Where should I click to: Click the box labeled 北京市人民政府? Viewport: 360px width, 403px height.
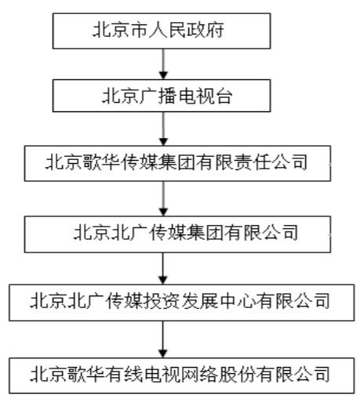162,31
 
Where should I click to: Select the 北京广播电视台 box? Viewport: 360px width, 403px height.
162,96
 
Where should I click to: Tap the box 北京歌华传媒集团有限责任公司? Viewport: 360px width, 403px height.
177,163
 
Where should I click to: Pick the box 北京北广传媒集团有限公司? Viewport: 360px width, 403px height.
177,234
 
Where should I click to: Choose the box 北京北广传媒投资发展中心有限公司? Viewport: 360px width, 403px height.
182,303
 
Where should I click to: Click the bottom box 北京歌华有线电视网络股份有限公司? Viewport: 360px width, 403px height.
182,376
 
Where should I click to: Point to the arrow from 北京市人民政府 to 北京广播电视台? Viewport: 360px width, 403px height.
163,64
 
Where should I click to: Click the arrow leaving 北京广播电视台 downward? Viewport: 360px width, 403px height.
163,129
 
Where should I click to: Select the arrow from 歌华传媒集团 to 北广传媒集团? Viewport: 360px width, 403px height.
163,198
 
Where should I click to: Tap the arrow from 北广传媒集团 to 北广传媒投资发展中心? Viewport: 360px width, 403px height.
163,268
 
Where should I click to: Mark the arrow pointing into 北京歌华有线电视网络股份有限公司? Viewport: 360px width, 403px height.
163,339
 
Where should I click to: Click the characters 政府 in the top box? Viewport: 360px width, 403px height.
205,30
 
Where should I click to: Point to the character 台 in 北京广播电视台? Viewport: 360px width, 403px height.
223,96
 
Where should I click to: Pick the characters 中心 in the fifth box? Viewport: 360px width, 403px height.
237,301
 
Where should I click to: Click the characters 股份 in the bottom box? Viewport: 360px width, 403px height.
237,374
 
